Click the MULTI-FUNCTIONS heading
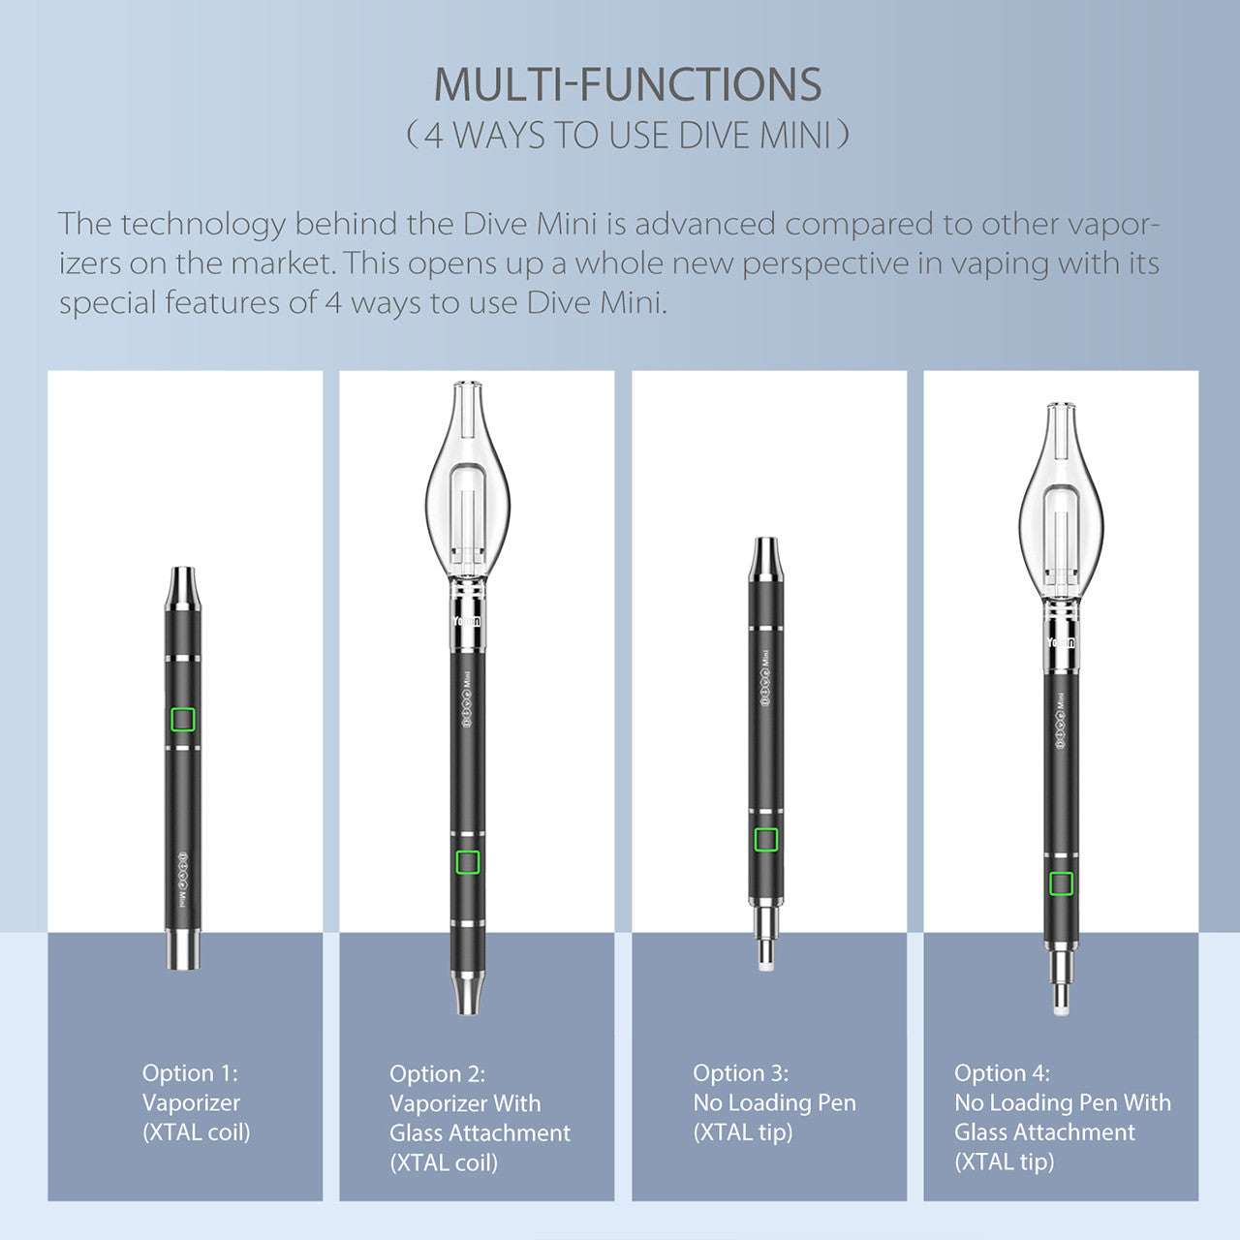[x=628, y=84]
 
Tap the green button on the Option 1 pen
[x=183, y=719]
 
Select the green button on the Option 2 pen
[x=468, y=862]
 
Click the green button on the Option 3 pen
[x=765, y=840]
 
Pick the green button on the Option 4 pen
[x=1061, y=883]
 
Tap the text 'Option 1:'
[x=190, y=1072]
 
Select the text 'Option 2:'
[x=438, y=1074]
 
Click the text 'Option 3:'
[x=741, y=1072]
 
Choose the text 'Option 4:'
[x=1002, y=1072]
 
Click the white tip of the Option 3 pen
[x=765, y=965]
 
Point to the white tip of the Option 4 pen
[x=1061, y=1009]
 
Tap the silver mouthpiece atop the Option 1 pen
[x=183, y=588]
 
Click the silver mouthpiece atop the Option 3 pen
[x=765, y=559]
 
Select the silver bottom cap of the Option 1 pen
[x=183, y=949]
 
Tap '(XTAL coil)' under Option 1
[x=197, y=1131]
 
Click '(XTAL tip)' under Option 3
[x=743, y=1131]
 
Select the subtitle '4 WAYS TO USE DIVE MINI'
[x=628, y=135]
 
